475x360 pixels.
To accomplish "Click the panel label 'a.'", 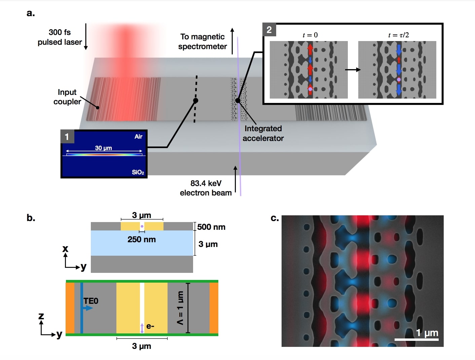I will tap(31, 13).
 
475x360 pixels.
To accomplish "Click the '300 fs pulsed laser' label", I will tap(60, 37).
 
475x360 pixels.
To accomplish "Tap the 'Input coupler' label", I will tap(67, 97).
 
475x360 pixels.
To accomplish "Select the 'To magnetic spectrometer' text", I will tap(203, 41).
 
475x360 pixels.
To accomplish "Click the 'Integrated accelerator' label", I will tap(263, 133).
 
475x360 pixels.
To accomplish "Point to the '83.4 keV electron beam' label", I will tap(206, 188).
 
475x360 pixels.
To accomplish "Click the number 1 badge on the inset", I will tap(67, 137).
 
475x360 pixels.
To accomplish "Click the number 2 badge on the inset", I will tap(269, 30).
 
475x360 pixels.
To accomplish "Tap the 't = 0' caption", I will tap(310, 35).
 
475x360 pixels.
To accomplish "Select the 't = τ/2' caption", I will tap(398, 35).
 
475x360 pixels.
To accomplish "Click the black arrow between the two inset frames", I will tap(353, 70).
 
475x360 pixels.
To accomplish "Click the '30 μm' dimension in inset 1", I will tap(103, 148).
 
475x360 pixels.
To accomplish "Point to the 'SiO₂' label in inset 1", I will tap(138, 172).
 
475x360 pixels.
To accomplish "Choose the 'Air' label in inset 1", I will tap(138, 136).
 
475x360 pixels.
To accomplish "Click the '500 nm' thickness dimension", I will tap(211, 227).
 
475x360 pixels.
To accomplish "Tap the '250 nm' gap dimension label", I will tap(141, 240).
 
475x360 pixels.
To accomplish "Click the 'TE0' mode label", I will tap(91, 301).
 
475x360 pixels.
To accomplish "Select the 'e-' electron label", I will tap(150, 326).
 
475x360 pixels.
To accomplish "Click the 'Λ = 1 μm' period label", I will tap(180, 308).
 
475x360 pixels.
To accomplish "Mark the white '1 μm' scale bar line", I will tap(416, 340).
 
